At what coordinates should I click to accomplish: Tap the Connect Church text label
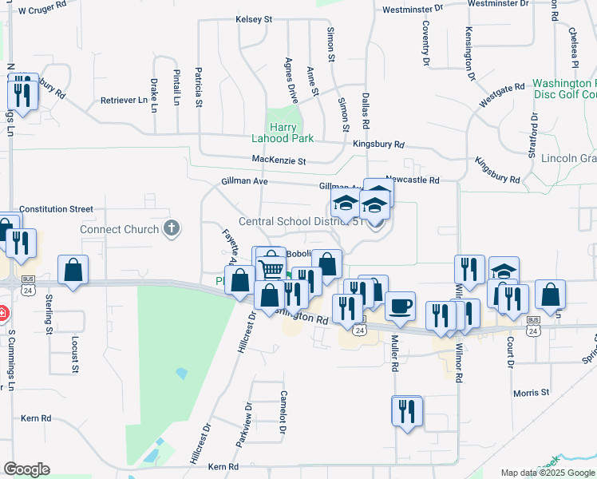click(x=119, y=230)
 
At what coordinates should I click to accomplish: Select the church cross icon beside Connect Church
click(x=171, y=229)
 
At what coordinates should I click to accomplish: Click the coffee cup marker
click(x=400, y=305)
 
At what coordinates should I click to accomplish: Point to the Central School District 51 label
click(x=302, y=222)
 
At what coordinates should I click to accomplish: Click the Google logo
click(x=26, y=469)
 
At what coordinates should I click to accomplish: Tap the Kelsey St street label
click(x=254, y=19)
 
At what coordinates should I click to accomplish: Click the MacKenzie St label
click(x=279, y=161)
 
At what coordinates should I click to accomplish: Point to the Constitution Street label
click(x=56, y=209)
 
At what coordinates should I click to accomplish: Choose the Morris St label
click(x=531, y=393)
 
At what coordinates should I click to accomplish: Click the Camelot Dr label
click(x=283, y=412)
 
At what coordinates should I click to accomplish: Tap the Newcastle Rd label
click(x=412, y=180)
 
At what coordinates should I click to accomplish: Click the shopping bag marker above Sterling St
click(x=73, y=270)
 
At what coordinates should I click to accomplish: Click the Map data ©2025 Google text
click(x=548, y=473)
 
